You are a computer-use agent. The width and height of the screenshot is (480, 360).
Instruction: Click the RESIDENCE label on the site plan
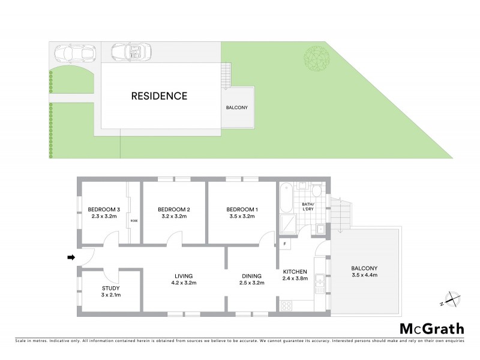(x=159, y=95)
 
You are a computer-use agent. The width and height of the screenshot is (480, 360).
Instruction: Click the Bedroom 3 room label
(x=105, y=209)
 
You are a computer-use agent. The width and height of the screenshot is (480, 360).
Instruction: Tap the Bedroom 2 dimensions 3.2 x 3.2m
(x=174, y=217)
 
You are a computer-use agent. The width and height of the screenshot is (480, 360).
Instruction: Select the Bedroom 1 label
(x=242, y=209)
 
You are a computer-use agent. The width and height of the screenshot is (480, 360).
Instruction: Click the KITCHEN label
(x=295, y=271)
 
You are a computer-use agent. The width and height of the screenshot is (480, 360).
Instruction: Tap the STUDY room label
(x=110, y=288)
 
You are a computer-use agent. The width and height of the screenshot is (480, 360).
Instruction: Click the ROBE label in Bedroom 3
(x=134, y=221)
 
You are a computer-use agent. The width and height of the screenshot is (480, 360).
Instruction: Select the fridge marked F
(x=284, y=245)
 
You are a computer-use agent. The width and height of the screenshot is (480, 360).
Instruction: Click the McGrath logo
(x=431, y=328)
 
